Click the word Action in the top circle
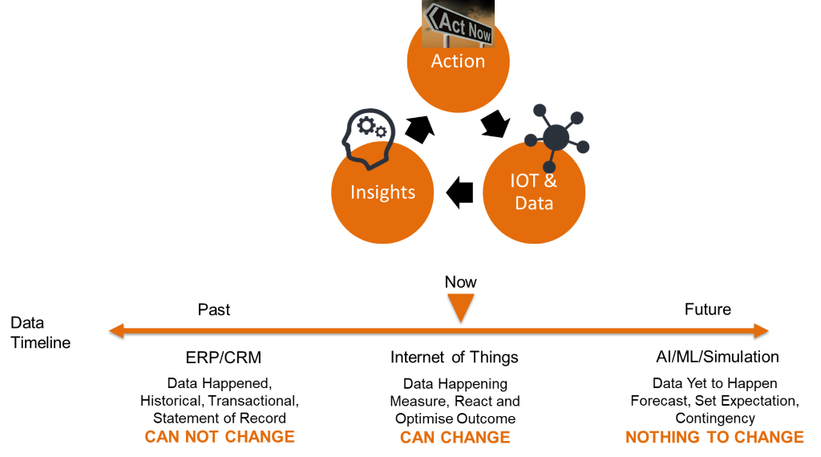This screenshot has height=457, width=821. pos(458,61)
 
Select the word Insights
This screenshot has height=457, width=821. pos(382,192)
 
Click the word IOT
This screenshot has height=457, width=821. pos(526,180)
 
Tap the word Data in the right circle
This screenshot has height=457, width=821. pos(534,203)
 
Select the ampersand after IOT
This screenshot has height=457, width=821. pos(550,180)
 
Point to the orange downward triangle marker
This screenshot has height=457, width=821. pos(461,307)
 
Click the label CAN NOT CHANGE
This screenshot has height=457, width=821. pos(220,437)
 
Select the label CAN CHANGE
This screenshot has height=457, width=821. pos(455,438)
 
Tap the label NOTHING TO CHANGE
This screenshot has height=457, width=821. pos(714,438)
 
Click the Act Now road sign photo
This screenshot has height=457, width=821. pos(459,22)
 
